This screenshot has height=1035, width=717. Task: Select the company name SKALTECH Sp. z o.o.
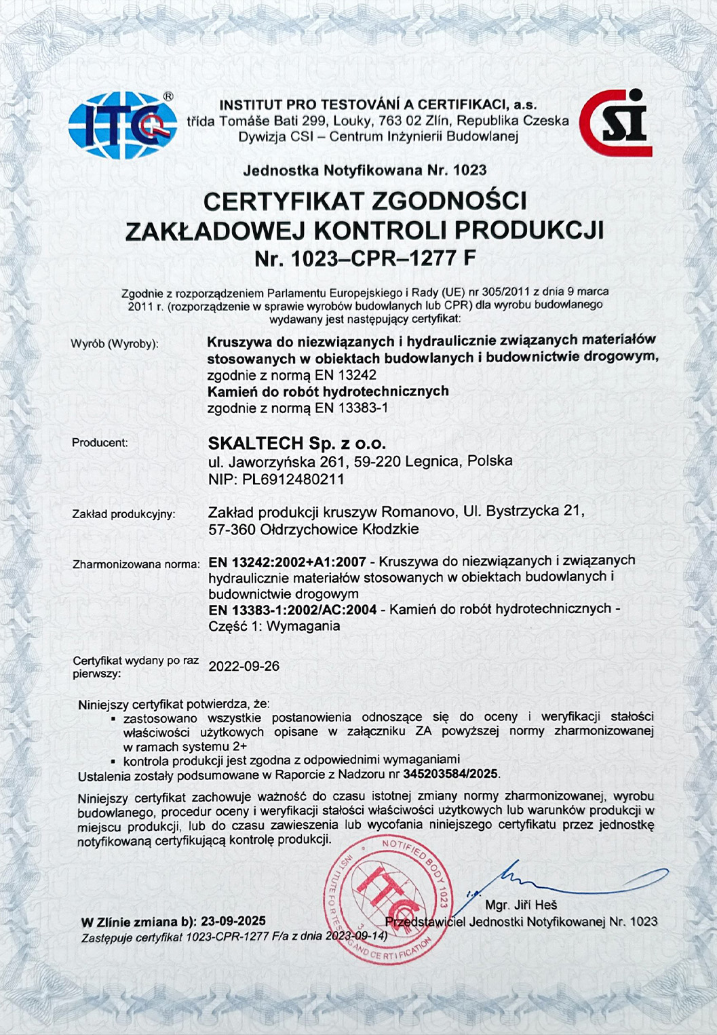pyautogui.click(x=296, y=444)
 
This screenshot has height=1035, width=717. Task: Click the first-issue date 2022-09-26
pyautogui.click(x=244, y=666)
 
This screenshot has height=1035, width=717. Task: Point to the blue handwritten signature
pyautogui.click(x=556, y=880)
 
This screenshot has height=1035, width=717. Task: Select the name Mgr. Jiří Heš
pyautogui.click(x=521, y=905)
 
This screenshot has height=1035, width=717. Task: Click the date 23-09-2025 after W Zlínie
pyautogui.click(x=233, y=922)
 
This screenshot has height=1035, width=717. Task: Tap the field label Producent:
pyautogui.click(x=100, y=443)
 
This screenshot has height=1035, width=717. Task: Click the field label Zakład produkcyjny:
pyautogui.click(x=123, y=514)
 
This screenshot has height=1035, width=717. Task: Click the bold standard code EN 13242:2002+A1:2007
pyautogui.click(x=288, y=562)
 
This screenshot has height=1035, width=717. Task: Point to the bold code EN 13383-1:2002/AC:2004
pyautogui.click(x=292, y=609)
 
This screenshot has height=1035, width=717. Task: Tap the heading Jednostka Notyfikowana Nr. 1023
pyautogui.click(x=364, y=170)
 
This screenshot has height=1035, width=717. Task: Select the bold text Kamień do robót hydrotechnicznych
pyautogui.click(x=328, y=391)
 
